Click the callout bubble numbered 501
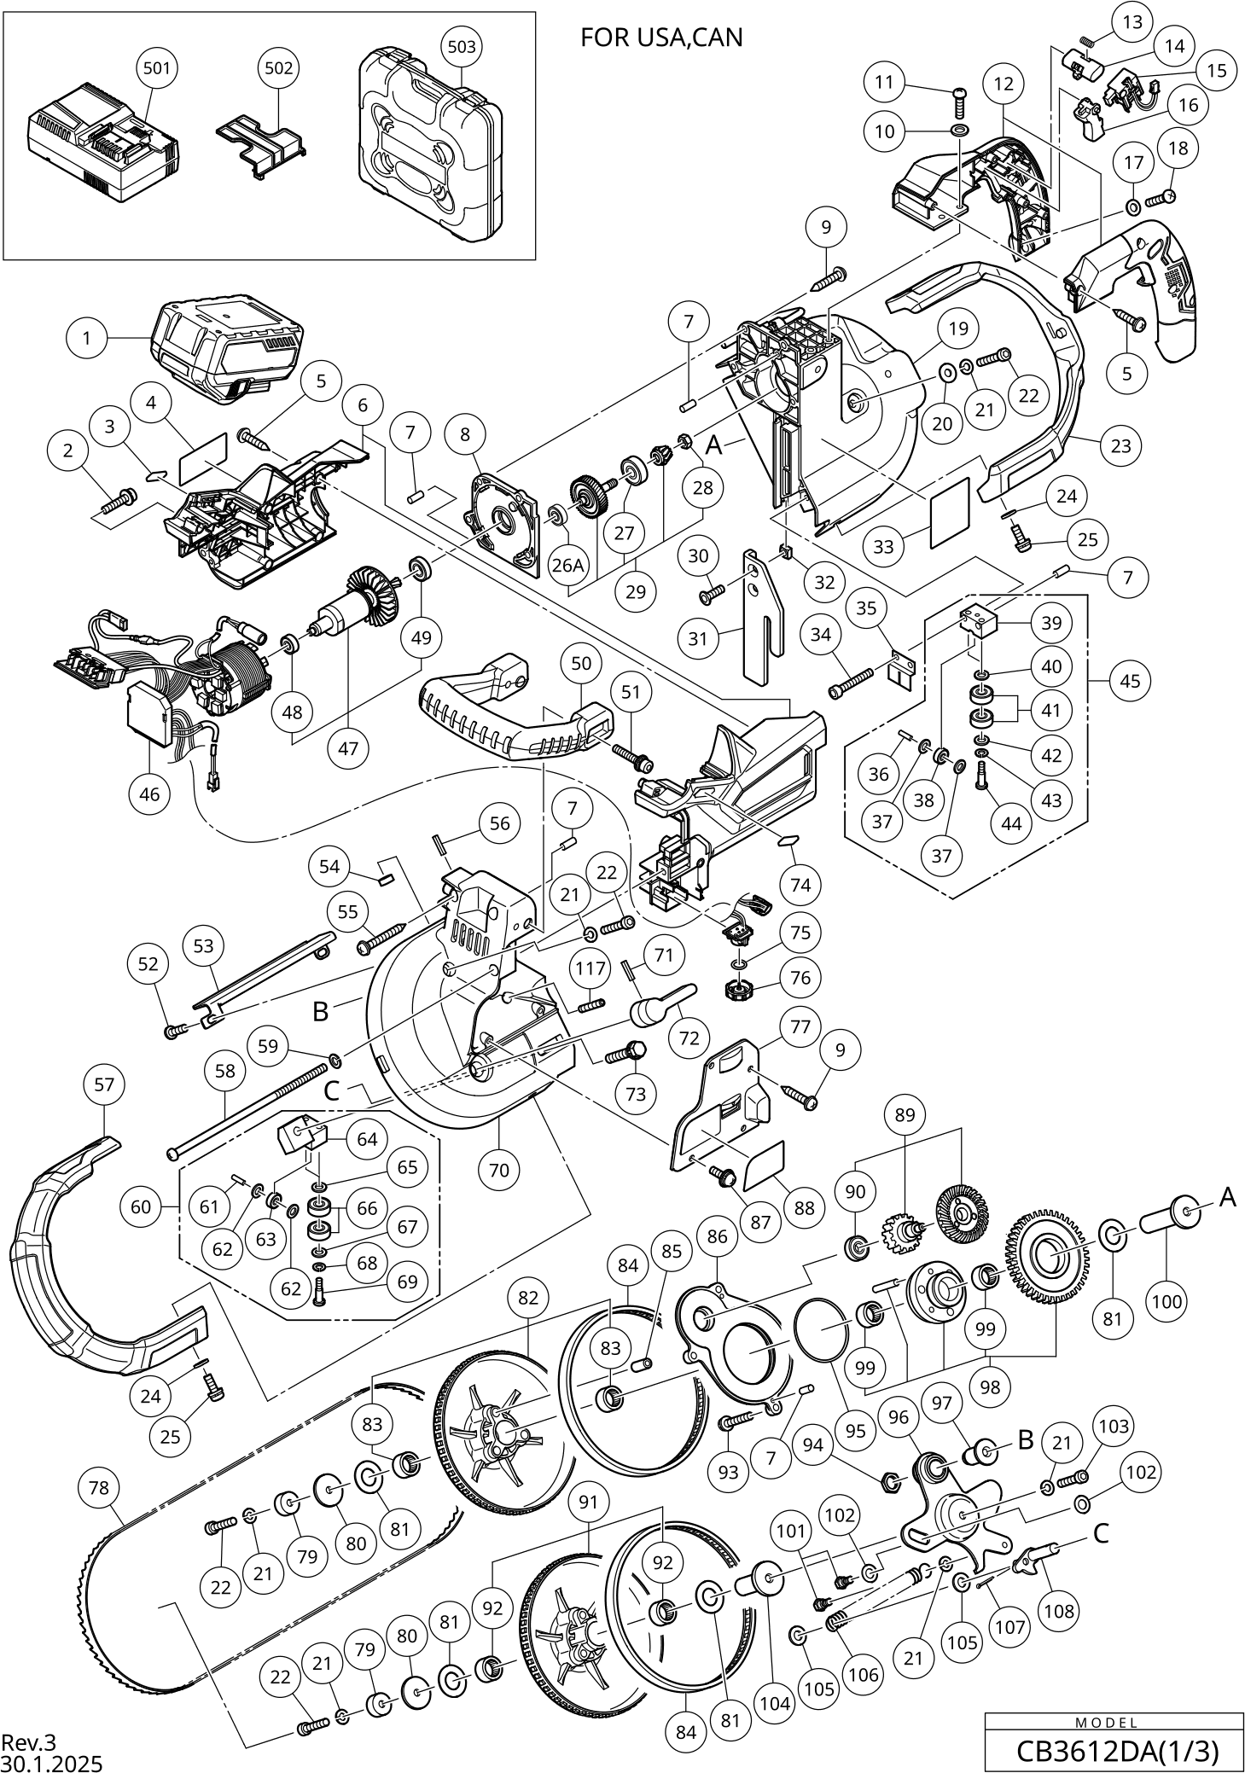156,67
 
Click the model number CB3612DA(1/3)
1116,1751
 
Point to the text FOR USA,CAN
661,38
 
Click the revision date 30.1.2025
51,1762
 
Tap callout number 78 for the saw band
99,1487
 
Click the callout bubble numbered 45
1130,681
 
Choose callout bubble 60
141,1206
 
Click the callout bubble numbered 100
1167,1301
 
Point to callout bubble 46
149,793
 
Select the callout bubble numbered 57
104,1084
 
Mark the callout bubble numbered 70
499,1169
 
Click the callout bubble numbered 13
1132,22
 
